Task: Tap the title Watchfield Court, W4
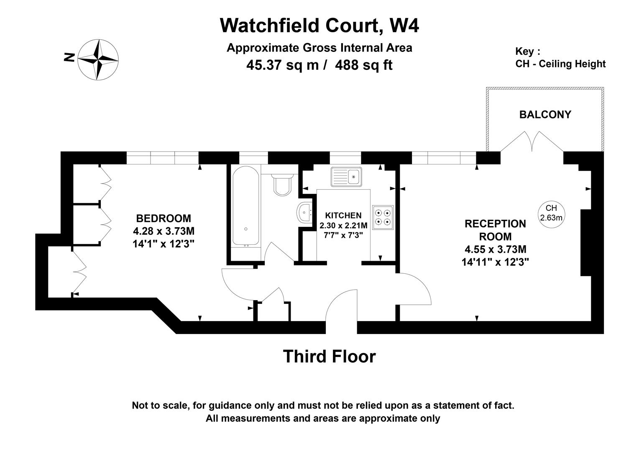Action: point(319,25)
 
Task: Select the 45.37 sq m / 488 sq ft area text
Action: point(319,65)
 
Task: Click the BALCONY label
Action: point(545,115)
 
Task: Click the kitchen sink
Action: point(346,177)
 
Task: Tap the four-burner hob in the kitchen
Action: point(383,217)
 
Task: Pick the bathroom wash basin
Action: point(304,212)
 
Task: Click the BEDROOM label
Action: point(164,218)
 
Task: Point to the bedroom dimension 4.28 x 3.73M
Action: point(164,231)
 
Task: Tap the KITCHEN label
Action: point(343,216)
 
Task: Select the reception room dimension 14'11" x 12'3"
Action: point(495,262)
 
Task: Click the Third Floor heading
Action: point(329,357)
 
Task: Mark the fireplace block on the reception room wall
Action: point(585,243)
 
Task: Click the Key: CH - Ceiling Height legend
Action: point(560,58)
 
